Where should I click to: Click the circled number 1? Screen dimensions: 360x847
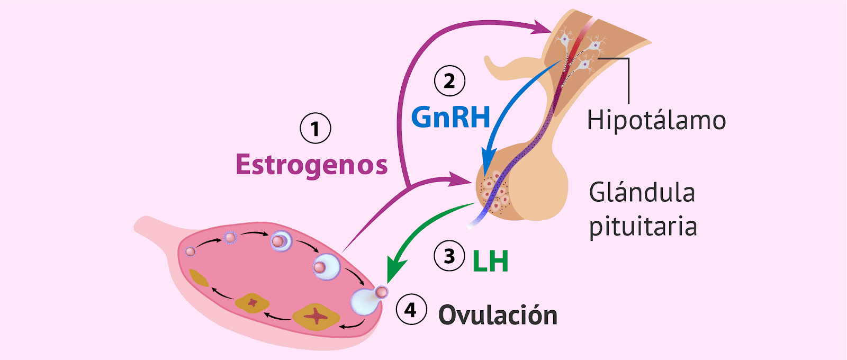coord(316,129)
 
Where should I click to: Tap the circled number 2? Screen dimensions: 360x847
coord(449,81)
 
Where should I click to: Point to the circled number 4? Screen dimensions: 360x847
coord(411,310)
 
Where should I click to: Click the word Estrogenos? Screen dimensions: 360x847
coord(311,165)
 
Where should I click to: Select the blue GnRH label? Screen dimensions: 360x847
coord(450,118)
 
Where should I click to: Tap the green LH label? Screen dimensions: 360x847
coord(490,260)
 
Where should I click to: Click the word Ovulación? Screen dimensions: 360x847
coord(498,316)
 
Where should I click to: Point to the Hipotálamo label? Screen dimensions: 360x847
coord(656,120)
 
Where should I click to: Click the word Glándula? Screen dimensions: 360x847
coord(642,193)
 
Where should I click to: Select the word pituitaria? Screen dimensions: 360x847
coord(643,227)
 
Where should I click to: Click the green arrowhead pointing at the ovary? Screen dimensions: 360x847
coord(393,271)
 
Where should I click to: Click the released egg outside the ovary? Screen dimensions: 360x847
coord(382,292)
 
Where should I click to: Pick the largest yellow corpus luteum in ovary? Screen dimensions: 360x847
coord(316,316)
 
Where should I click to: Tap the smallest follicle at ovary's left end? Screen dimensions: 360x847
coord(191,251)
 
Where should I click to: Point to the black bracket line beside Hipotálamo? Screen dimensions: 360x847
coord(628,79)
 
